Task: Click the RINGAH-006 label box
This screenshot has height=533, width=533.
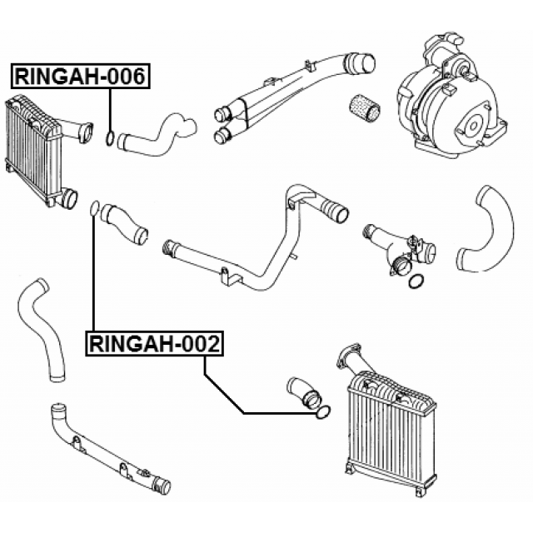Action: (x=79, y=77)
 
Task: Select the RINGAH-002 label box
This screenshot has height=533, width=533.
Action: (x=155, y=342)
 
